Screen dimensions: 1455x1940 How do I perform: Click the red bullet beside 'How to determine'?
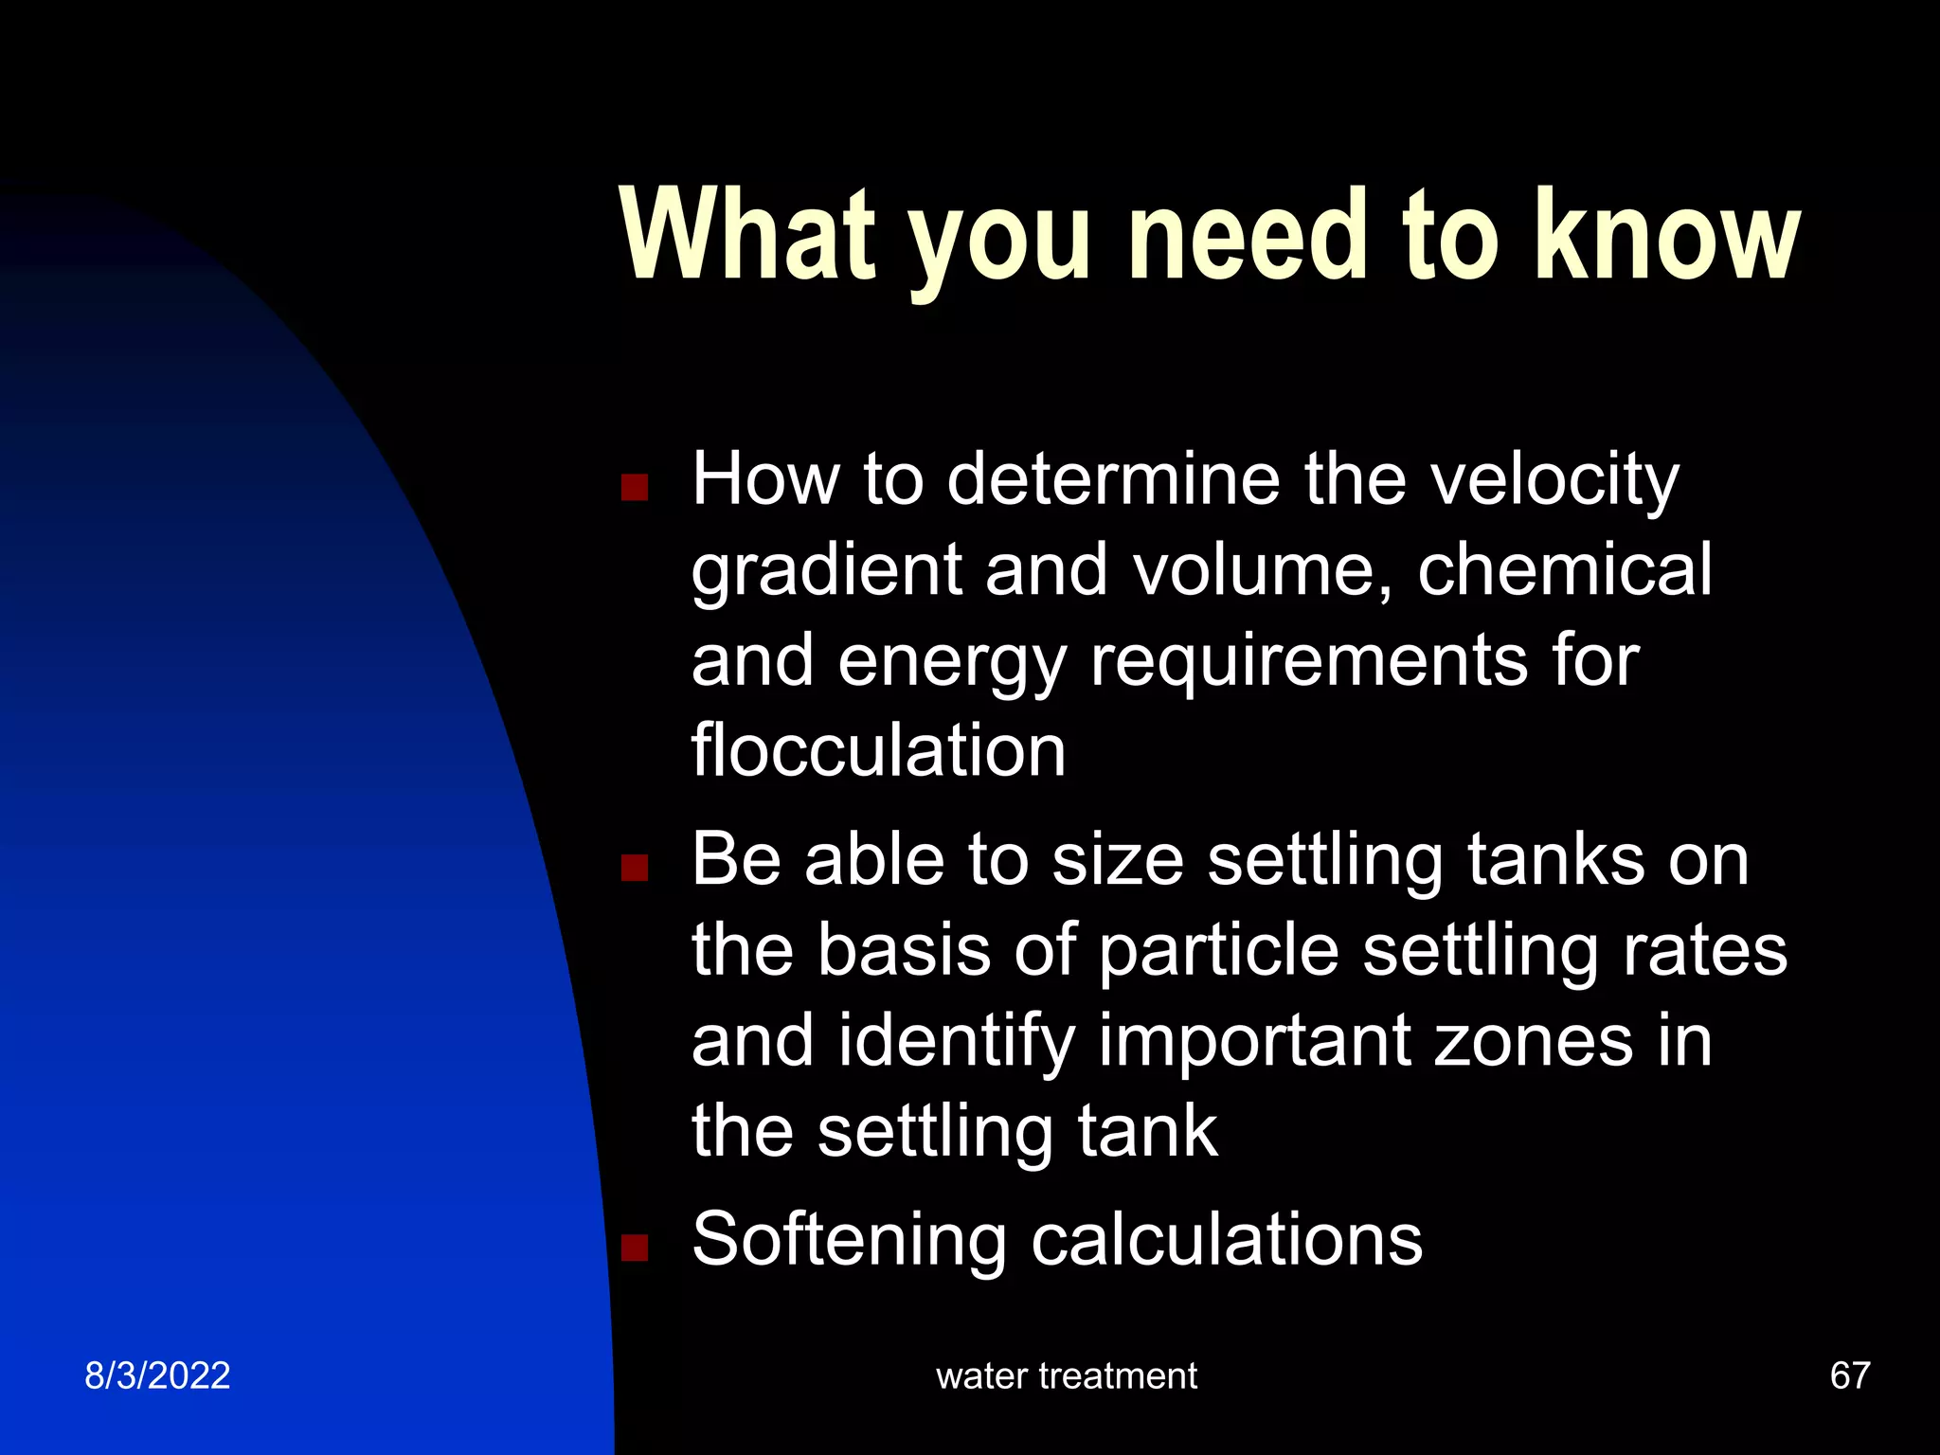[634, 487]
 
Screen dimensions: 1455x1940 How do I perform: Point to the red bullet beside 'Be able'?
[634, 867]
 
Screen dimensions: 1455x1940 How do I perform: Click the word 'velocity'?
[1554, 480]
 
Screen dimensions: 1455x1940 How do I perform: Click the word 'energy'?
[952, 662]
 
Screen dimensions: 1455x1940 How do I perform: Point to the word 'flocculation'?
[878, 751]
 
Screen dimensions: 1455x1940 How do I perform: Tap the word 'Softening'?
[849, 1240]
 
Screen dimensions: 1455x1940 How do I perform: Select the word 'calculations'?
[1227, 1240]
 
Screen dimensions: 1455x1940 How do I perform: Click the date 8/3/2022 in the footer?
[157, 1375]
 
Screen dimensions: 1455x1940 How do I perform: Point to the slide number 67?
[1850, 1375]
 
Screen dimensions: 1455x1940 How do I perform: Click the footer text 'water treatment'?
[1067, 1375]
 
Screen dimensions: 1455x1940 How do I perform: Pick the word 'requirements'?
[1308, 662]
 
